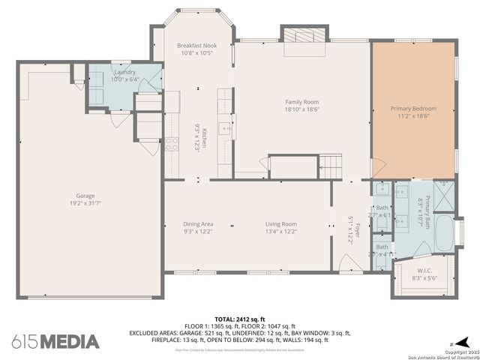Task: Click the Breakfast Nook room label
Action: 196,46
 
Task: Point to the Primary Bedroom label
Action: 413,109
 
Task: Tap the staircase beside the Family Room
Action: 329,164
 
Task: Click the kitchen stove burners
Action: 172,143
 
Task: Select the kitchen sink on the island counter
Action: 224,128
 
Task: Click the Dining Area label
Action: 198,223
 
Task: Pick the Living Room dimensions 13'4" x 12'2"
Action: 280,232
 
